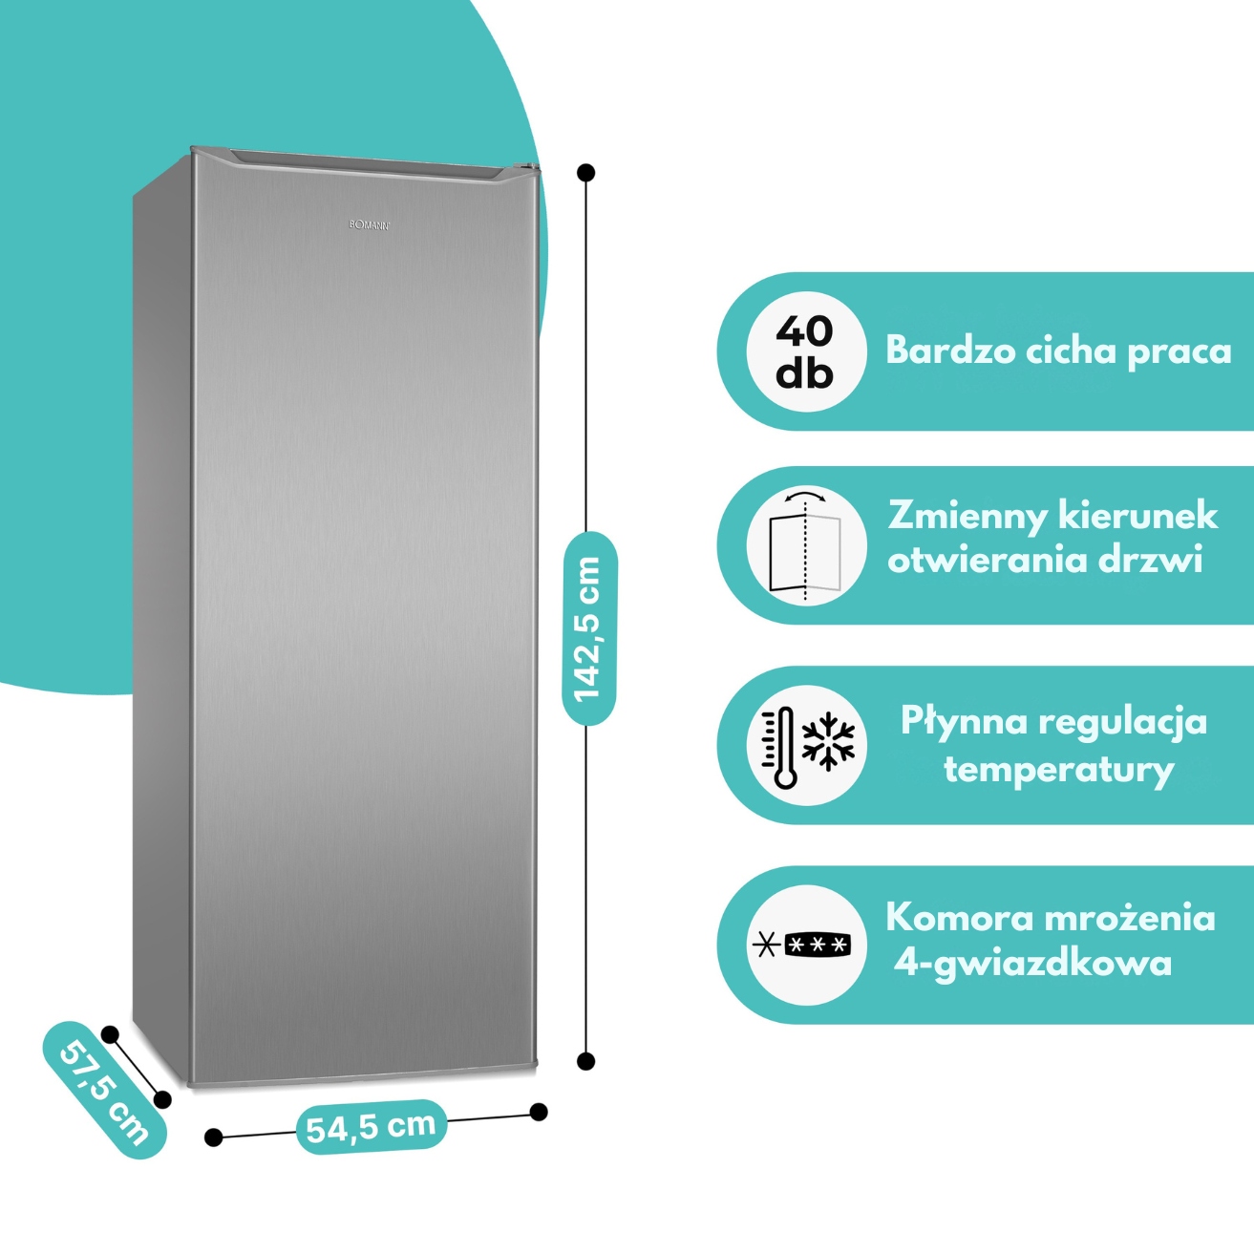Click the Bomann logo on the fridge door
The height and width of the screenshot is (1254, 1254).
369,225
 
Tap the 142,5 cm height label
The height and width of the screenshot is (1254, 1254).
589,627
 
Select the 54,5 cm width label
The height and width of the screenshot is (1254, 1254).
371,1127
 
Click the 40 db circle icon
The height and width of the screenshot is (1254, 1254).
805,351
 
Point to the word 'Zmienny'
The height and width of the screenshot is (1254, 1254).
967,516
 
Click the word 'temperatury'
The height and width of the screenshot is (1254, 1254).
1058,769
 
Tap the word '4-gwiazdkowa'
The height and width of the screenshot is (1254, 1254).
1033,963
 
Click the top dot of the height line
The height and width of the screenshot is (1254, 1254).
586,173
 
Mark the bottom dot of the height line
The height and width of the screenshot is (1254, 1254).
586,1060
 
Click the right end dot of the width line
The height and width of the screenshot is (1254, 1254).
539,1112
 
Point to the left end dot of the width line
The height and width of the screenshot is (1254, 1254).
214,1137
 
